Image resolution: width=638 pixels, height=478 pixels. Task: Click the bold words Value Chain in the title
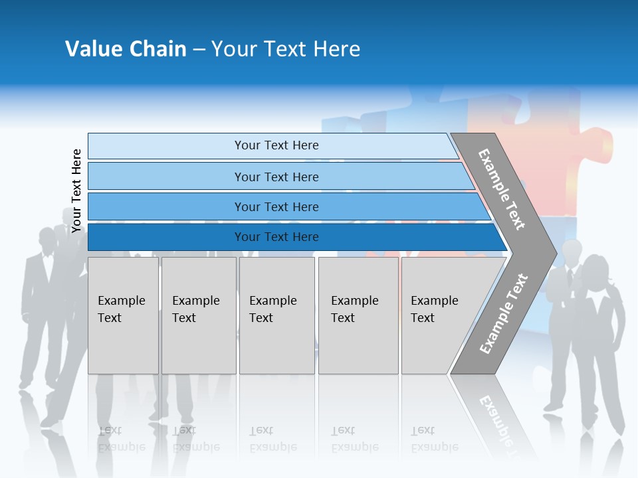click(x=126, y=49)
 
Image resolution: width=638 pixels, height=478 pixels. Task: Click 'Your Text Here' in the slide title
click(x=286, y=49)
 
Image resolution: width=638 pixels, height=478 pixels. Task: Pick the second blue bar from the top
click(x=276, y=177)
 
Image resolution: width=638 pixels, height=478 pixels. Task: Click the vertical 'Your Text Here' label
click(x=76, y=191)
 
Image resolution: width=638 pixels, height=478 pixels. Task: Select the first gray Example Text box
click(x=123, y=315)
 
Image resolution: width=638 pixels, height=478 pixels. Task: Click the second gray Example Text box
click(x=199, y=315)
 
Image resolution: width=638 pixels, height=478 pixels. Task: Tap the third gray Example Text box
click(x=276, y=315)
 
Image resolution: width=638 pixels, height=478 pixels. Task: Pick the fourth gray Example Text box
click(x=358, y=315)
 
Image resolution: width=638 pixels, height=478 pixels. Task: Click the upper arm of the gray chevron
click(x=502, y=189)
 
